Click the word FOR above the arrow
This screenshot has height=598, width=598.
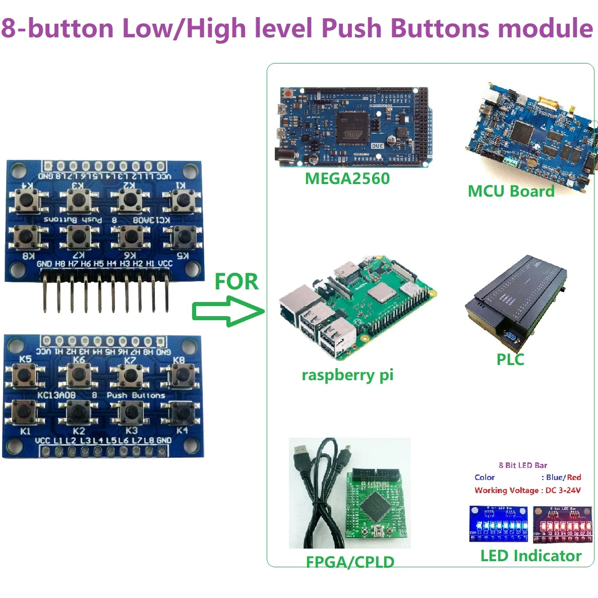click(236, 281)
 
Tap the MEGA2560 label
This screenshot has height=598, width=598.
click(347, 178)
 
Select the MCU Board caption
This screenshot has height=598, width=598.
click(511, 192)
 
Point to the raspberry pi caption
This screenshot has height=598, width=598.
click(347, 375)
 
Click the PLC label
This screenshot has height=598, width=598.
click(510, 360)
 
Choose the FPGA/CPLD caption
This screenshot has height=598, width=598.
click(350, 562)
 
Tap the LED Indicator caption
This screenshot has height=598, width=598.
click(530, 556)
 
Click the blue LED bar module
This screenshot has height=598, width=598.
click(498, 524)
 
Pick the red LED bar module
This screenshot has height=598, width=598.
click(563, 524)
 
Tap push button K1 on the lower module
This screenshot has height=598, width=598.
click(24, 412)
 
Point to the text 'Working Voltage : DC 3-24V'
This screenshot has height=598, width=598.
click(527, 490)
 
